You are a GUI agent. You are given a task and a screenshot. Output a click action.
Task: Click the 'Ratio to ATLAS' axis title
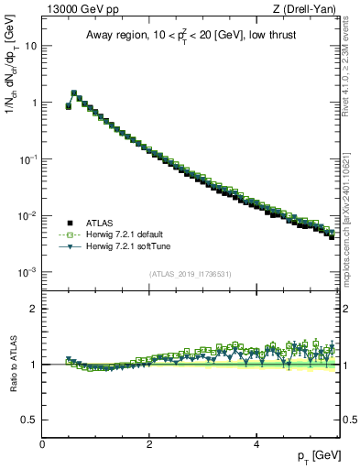(x=12, y=365)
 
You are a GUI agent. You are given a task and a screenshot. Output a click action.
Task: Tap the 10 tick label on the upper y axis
(x=31, y=45)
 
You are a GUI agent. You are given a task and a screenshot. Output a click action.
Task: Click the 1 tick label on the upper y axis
(x=34, y=103)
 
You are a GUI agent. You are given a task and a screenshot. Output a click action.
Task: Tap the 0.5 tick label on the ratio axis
(x=30, y=420)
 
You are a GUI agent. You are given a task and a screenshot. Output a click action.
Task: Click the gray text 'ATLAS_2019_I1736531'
(x=189, y=274)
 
